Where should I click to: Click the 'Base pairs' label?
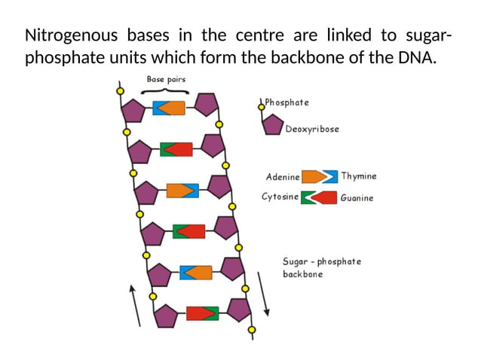pos(166,78)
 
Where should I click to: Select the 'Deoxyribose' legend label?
pos(312,129)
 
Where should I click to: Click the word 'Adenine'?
pos(283,177)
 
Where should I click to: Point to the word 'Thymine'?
pos(358,176)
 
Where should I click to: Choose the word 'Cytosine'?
pos(280,197)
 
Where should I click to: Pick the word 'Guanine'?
pos(357,198)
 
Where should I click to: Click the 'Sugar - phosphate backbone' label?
pos(321,267)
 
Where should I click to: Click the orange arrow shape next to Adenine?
pos(314,177)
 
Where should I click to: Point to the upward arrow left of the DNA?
pos(135,305)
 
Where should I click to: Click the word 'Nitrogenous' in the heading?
pos(67,36)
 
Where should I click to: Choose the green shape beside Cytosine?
pos(307,198)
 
